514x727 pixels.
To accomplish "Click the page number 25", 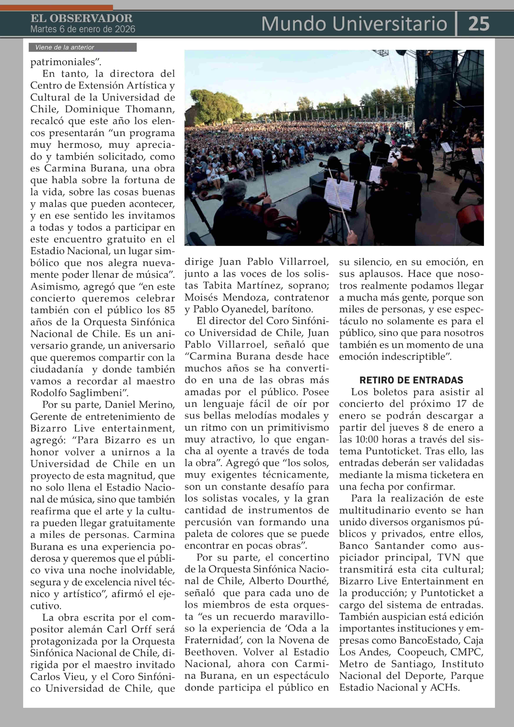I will pyautogui.click(x=479, y=24).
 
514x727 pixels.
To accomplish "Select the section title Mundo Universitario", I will pyautogui.click(x=354, y=24).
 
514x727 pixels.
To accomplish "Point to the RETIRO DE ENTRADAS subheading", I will pyautogui.click(x=411, y=380).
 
